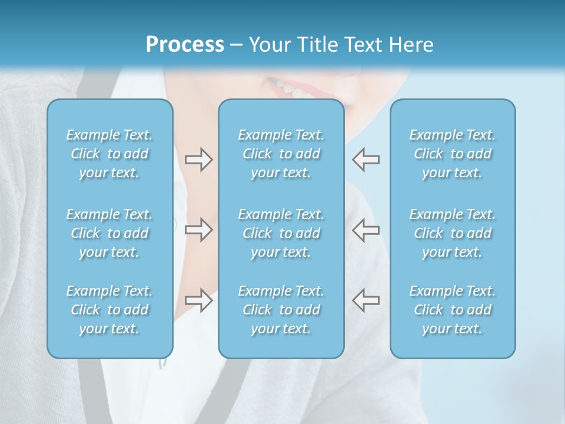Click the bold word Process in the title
[x=185, y=45]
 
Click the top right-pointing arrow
[x=198, y=160]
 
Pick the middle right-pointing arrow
[x=198, y=230]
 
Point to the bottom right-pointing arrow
[x=198, y=300]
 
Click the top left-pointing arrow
[x=366, y=160]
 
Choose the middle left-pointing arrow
[x=366, y=230]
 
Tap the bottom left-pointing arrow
[x=366, y=300]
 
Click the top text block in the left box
[x=109, y=154]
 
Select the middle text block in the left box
[x=109, y=233]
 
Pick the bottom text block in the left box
[x=109, y=310]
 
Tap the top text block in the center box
[x=281, y=154]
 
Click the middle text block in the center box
[x=281, y=233]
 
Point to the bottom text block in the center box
[x=281, y=310]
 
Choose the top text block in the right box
[x=453, y=154]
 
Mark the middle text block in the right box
[x=453, y=233]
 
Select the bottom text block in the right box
[x=453, y=310]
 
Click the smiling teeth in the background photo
[x=290, y=89]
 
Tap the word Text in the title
[x=363, y=45]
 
